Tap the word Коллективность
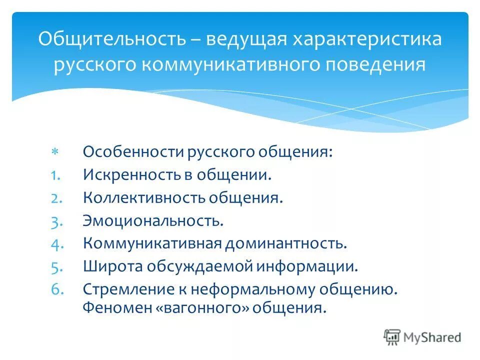click(x=143, y=198)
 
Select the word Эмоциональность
click(x=153, y=221)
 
